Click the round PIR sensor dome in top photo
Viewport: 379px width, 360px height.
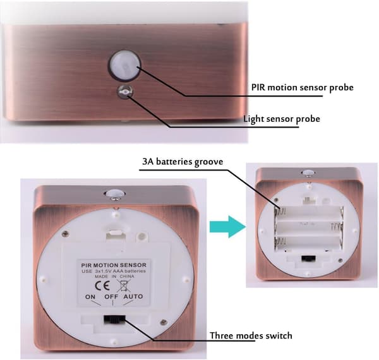pyautogui.click(x=124, y=65)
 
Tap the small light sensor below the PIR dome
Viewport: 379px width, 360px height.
pyautogui.click(x=124, y=92)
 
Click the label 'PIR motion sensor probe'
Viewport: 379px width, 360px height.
pyautogui.click(x=302, y=87)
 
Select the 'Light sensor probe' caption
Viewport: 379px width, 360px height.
pyautogui.click(x=282, y=119)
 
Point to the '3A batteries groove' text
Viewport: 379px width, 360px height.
pyautogui.click(x=183, y=162)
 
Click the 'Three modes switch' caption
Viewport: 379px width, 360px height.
pyautogui.click(x=251, y=335)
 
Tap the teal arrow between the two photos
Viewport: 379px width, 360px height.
pyautogui.click(x=227, y=227)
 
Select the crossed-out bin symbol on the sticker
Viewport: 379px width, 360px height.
pyautogui.click(x=124, y=285)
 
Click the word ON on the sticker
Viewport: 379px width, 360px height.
pyautogui.click(x=90, y=297)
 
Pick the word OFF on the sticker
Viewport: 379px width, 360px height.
pyautogui.click(x=111, y=296)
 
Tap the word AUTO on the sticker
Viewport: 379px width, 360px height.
pyautogui.click(x=133, y=296)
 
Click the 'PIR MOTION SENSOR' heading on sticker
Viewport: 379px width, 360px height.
pyautogui.click(x=114, y=265)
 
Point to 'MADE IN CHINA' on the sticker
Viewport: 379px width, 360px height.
pyautogui.click(x=114, y=277)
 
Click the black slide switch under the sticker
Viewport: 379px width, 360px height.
pyautogui.click(x=114, y=320)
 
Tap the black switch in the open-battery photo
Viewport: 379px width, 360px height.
pyautogui.click(x=309, y=258)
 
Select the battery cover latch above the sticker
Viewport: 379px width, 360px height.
pyautogui.click(x=116, y=235)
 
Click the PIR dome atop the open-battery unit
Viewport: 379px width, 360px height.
pyautogui.click(x=308, y=173)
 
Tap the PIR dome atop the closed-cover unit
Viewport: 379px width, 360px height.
pyautogui.click(x=114, y=194)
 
